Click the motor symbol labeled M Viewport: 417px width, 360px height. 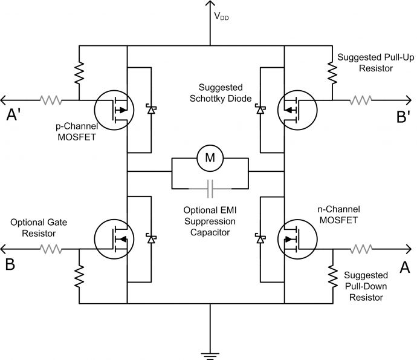[x=210, y=158]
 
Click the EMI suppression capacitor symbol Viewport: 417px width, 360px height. [x=210, y=190]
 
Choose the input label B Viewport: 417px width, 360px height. [x=10, y=265]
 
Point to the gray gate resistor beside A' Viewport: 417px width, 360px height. [x=51, y=100]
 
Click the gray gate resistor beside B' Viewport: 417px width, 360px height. [x=363, y=100]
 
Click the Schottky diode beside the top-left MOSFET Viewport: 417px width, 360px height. [x=150, y=110]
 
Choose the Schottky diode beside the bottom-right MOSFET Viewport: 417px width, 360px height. [x=260, y=239]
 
